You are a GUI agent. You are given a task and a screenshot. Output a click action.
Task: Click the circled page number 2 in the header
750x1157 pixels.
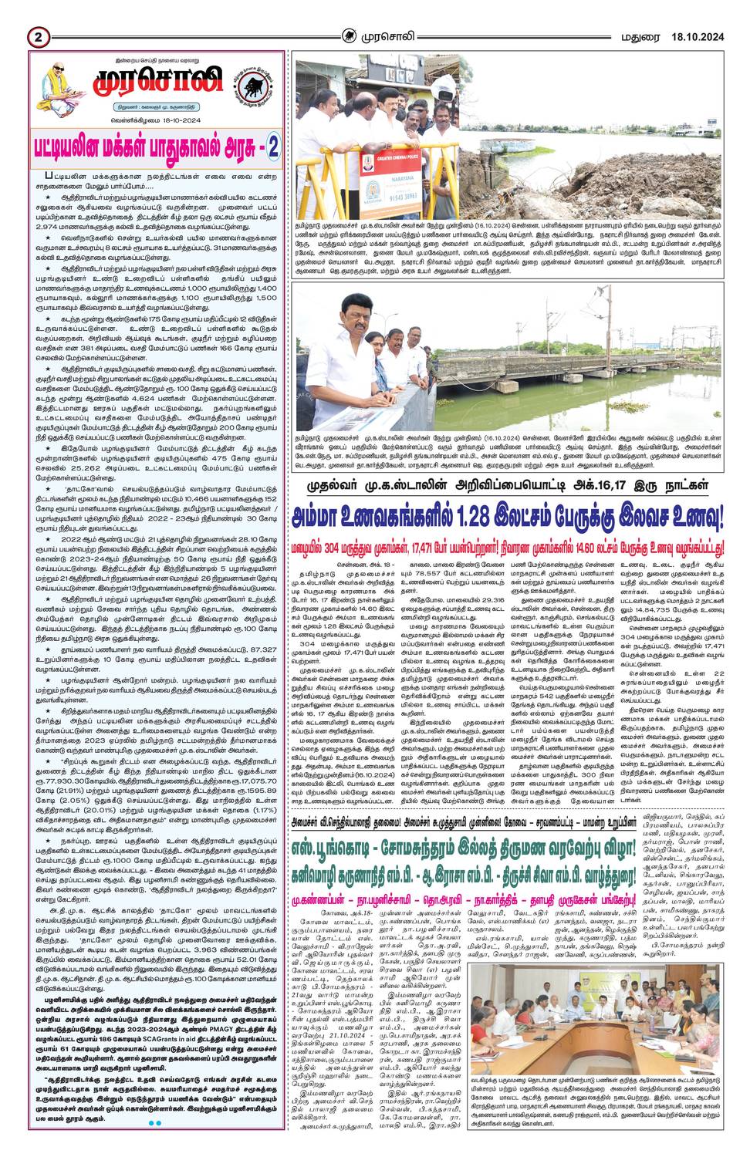(38, 36)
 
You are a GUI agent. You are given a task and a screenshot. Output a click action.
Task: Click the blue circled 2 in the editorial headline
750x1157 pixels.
(274, 147)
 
